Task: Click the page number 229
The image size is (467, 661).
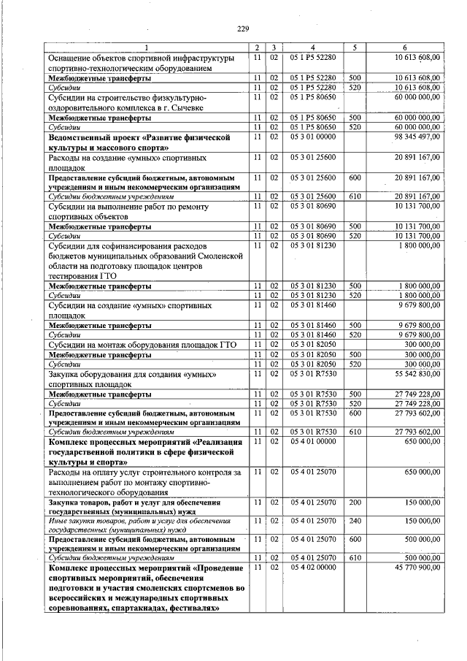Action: pyautogui.click(x=244, y=28)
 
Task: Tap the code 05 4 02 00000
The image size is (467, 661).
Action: pyautogui.click(x=312, y=567)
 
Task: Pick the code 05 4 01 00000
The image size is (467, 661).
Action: pyautogui.click(x=312, y=442)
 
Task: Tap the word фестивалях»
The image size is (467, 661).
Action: pyautogui.click(x=193, y=608)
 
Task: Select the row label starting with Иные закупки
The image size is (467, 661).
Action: pyautogui.click(x=141, y=524)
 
